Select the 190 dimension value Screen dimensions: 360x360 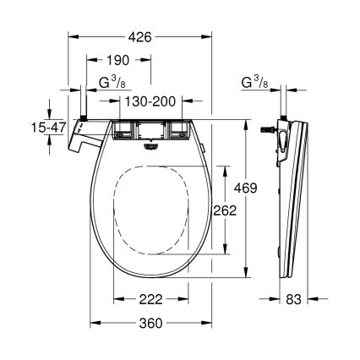[120, 61]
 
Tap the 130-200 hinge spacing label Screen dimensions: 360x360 [144, 101]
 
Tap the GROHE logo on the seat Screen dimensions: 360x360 [153, 143]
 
